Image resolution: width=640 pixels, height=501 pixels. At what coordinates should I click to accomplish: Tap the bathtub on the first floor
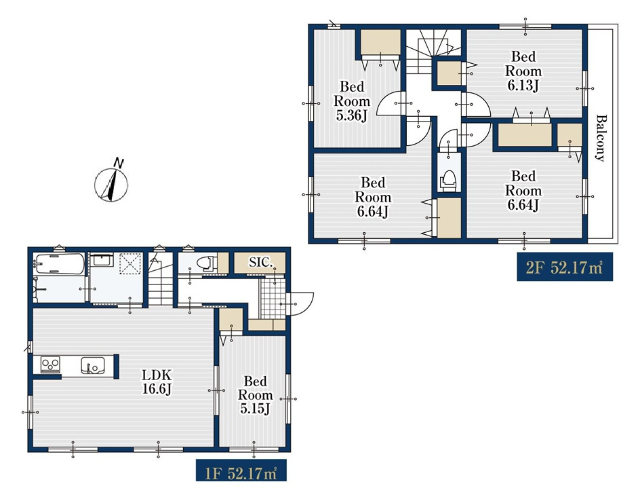click(x=60, y=264)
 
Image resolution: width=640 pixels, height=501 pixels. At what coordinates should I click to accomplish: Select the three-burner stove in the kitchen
click(x=50, y=364)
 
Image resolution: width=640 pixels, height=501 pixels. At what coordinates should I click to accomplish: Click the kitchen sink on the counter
click(x=93, y=365)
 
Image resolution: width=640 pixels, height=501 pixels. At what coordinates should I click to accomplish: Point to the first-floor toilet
click(x=207, y=263)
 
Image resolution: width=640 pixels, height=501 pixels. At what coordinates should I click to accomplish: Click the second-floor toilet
click(x=448, y=180)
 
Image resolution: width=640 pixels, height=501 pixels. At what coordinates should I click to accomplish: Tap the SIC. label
click(x=260, y=262)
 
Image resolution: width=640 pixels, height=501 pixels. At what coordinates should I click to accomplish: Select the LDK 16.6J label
click(x=157, y=382)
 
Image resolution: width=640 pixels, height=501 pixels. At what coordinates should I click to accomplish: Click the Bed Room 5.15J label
click(x=255, y=394)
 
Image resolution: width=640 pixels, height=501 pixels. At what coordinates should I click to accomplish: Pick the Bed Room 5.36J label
click(x=352, y=101)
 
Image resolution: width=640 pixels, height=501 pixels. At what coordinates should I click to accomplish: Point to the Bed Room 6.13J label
click(x=523, y=71)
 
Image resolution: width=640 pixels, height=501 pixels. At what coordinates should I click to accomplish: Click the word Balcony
click(x=601, y=138)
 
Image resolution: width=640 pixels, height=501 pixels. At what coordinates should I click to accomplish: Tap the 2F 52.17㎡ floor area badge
click(x=565, y=267)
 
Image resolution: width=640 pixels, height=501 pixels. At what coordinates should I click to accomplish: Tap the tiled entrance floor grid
click(x=273, y=298)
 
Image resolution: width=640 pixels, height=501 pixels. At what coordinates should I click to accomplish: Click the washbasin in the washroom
click(x=101, y=260)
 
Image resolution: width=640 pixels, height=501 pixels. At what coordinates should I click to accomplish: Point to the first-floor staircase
click(x=161, y=280)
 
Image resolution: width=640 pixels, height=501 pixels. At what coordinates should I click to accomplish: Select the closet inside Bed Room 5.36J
click(x=380, y=42)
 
